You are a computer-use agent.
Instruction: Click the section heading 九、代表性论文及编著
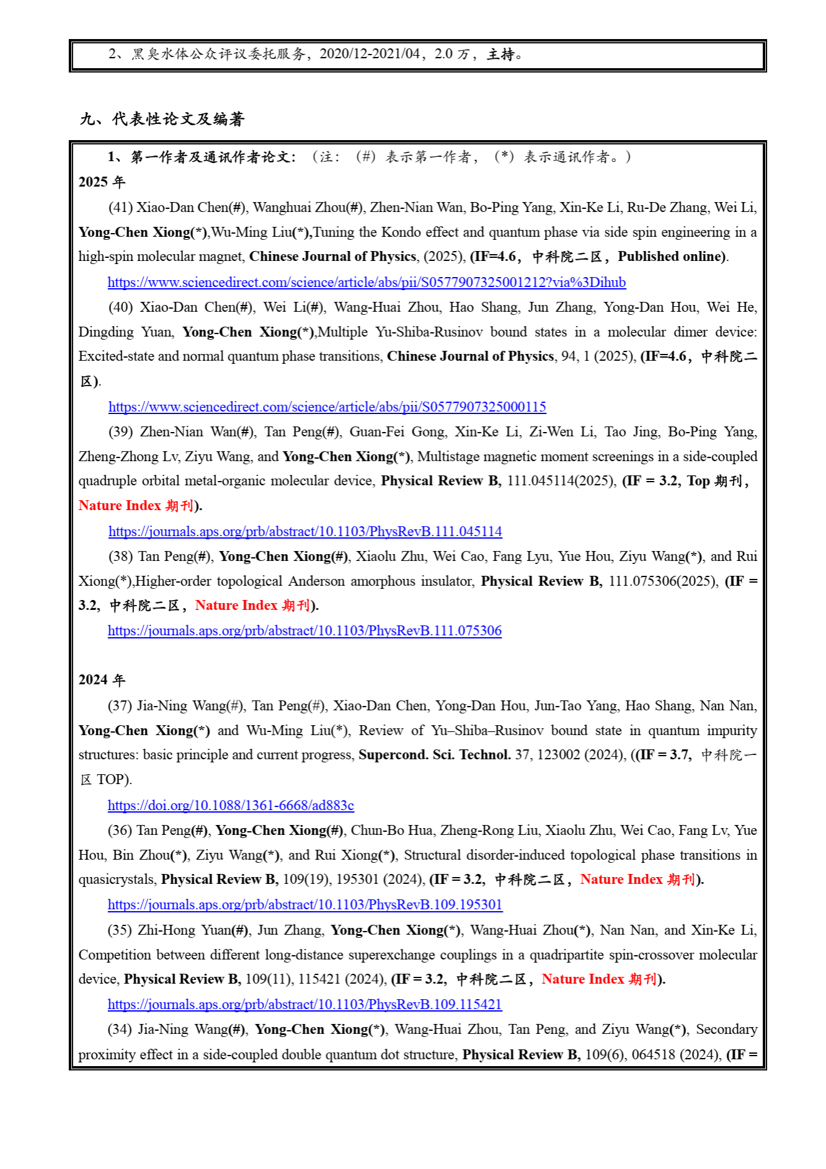click(162, 119)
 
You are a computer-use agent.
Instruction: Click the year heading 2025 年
click(102, 182)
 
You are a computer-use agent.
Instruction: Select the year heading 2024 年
click(102, 680)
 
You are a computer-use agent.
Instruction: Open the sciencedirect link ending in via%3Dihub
click(366, 283)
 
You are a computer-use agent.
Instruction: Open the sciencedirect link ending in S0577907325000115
click(327, 407)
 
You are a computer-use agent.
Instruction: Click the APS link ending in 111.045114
click(305, 532)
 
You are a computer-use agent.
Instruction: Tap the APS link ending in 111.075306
click(304, 631)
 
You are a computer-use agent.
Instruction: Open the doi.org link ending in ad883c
click(231, 806)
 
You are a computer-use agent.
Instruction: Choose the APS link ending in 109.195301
click(305, 905)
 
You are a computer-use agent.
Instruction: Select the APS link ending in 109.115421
click(304, 1005)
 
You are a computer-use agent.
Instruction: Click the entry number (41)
click(120, 208)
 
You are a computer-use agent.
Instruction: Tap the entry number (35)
click(120, 930)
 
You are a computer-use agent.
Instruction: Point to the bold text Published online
click(670, 257)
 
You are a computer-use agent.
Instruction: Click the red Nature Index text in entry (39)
click(120, 506)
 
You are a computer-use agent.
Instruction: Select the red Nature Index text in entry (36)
click(621, 880)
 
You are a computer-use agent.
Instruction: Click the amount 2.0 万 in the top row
click(451, 55)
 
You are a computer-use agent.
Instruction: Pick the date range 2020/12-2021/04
click(370, 55)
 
